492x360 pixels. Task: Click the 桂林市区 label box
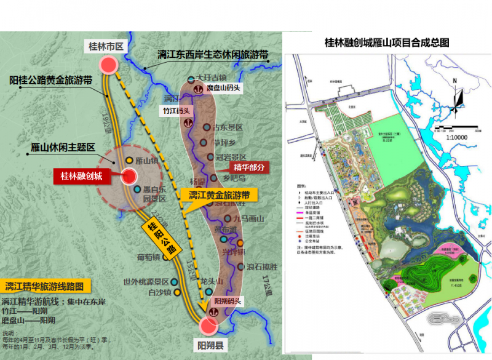point(108,46)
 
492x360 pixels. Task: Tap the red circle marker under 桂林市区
point(109,65)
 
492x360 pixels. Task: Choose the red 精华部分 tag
point(250,167)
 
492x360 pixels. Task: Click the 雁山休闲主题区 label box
point(63,148)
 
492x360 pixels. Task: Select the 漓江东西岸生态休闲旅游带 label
point(213,54)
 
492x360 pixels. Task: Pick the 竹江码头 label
point(176,111)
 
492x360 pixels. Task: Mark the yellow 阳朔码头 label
point(227,301)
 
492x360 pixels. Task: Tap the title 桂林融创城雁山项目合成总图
point(387,42)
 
